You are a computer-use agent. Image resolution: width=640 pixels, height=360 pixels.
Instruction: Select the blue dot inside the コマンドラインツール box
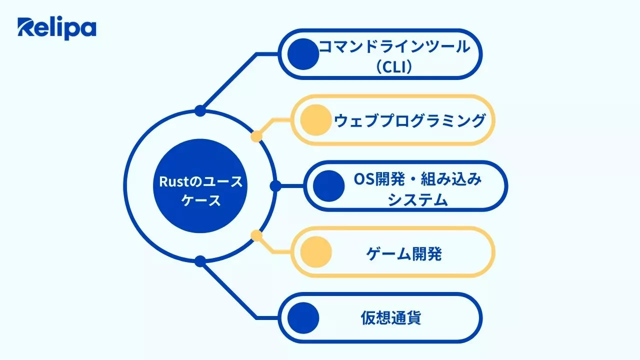point(304,54)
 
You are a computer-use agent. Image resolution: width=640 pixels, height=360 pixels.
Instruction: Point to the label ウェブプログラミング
point(409,120)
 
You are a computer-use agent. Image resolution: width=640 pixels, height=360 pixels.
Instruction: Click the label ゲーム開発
point(404,254)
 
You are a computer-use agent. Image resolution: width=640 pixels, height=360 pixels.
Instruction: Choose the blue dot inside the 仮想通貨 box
point(304,317)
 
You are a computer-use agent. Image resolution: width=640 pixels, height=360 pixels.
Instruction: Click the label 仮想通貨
point(390,318)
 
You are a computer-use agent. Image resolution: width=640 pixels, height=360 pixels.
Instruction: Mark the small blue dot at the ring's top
point(200,111)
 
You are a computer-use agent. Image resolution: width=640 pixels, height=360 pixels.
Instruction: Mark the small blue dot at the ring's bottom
point(200,261)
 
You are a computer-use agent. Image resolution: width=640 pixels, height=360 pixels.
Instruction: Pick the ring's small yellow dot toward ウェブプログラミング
point(256,136)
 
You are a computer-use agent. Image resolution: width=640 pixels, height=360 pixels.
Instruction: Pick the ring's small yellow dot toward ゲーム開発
point(256,235)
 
